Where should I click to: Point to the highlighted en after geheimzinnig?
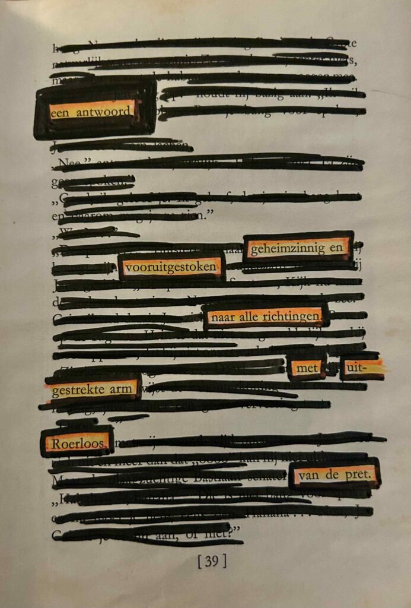(x=337, y=248)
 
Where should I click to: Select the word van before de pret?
(x=309, y=475)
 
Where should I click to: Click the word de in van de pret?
(x=333, y=475)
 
